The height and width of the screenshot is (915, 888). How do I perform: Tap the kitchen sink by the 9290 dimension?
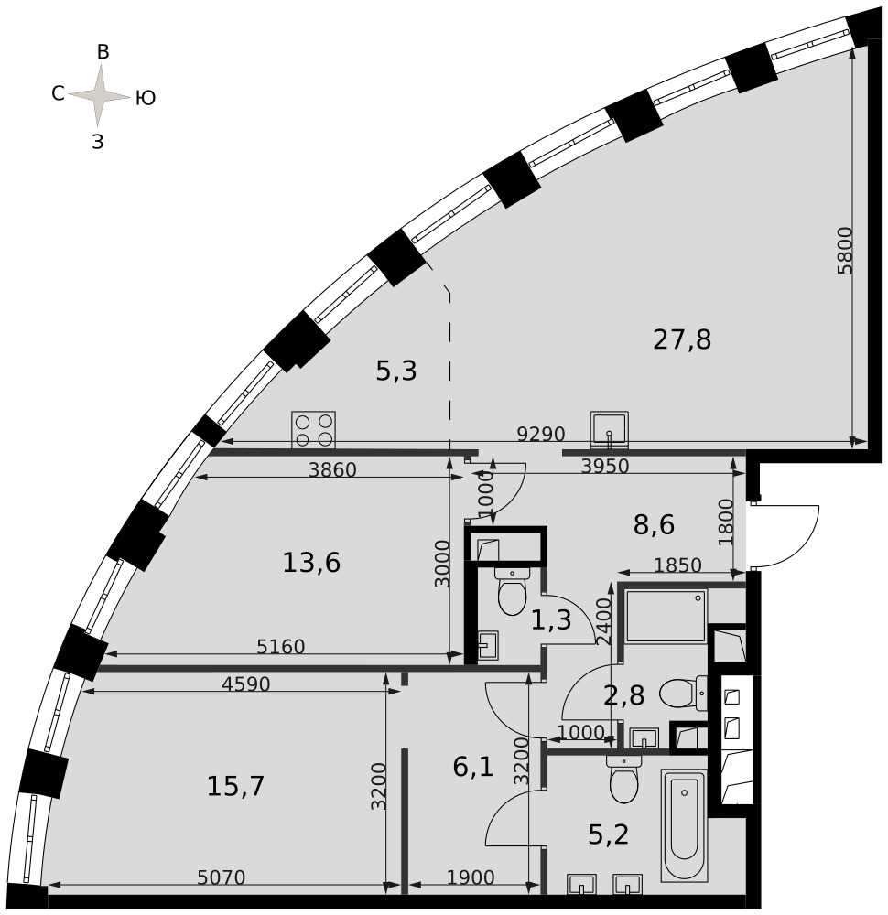click(x=609, y=429)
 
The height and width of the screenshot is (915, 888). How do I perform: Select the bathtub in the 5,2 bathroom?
click(x=684, y=825)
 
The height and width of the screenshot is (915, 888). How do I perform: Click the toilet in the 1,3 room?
click(x=512, y=590)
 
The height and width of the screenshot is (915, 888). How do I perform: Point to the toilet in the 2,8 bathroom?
click(x=683, y=694)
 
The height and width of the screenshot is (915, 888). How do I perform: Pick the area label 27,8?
click(x=682, y=339)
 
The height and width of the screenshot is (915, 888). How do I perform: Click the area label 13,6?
click(x=311, y=563)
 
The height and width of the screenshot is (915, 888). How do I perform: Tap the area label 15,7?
click(x=236, y=786)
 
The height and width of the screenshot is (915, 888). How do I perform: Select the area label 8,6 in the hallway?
click(x=654, y=524)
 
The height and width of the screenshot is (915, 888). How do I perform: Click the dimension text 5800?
click(x=845, y=251)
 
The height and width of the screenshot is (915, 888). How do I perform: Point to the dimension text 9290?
click(x=541, y=434)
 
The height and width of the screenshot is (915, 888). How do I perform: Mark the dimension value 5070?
click(x=222, y=877)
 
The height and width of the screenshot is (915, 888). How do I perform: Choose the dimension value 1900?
click(x=471, y=877)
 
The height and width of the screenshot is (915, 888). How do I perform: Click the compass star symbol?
click(x=100, y=96)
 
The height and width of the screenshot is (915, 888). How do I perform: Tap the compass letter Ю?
click(x=146, y=98)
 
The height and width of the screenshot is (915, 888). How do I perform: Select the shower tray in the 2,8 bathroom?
click(x=666, y=616)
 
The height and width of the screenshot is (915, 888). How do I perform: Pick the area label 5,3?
click(x=396, y=371)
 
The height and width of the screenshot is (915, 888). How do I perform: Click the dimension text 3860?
click(x=332, y=469)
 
